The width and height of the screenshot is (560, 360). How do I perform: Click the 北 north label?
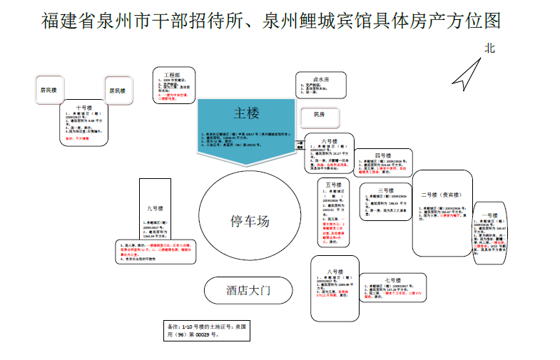489,48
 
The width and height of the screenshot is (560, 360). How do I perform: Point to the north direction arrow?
467,73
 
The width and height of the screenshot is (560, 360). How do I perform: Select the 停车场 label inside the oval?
250,220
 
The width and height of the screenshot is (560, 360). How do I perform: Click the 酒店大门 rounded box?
249,290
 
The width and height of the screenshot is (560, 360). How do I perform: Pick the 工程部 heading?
172,74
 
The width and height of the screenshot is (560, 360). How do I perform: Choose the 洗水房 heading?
321,79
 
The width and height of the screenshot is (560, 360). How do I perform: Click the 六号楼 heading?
329,141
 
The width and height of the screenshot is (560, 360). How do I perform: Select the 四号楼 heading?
384,156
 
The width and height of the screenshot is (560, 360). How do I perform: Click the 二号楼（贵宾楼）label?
442,195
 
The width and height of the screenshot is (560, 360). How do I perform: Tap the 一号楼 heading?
490,215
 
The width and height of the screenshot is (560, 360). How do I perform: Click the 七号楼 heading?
392,280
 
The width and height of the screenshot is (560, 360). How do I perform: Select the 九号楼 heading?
156,208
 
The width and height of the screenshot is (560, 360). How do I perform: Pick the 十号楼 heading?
83,108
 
